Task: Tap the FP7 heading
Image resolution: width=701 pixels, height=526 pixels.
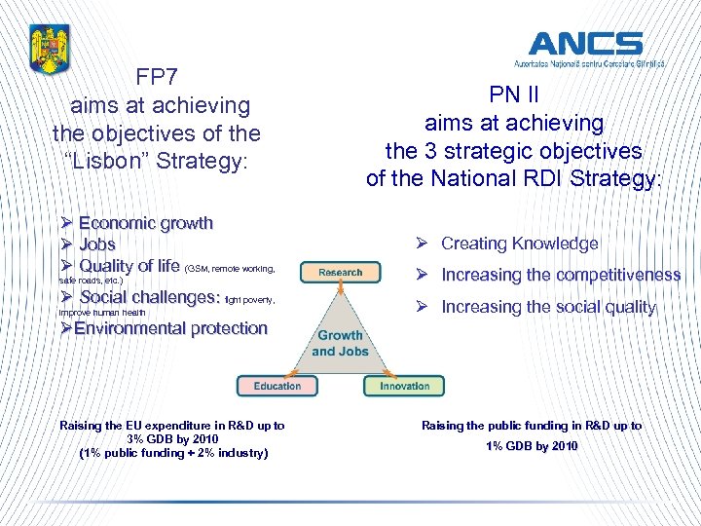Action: click(x=156, y=77)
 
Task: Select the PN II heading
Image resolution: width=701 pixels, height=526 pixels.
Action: click(x=514, y=96)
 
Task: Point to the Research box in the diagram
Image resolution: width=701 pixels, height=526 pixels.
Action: click(x=340, y=273)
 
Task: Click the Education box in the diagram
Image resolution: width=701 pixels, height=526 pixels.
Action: click(x=277, y=386)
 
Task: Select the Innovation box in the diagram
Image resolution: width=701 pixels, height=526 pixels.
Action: click(x=404, y=386)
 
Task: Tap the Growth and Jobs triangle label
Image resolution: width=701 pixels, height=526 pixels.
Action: click(x=339, y=343)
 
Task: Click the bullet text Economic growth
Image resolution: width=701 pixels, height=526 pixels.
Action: click(x=146, y=223)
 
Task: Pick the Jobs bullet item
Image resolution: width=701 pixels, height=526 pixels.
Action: click(x=97, y=244)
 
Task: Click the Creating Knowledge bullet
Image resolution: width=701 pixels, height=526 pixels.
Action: click(x=519, y=244)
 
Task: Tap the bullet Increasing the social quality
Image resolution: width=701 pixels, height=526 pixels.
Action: click(x=548, y=307)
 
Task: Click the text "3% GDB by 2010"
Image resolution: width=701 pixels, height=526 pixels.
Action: click(x=171, y=439)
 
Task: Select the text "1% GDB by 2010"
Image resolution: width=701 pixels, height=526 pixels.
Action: click(x=531, y=446)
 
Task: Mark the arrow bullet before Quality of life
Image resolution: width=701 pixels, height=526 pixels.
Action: click(x=66, y=266)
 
